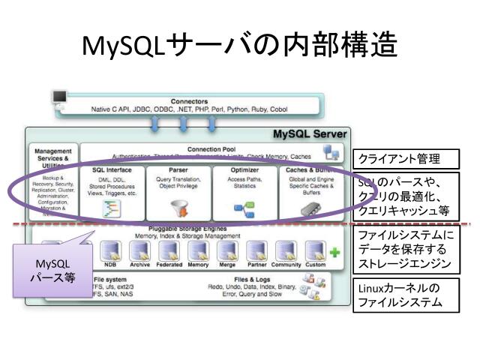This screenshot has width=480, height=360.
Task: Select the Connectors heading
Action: click(189, 101)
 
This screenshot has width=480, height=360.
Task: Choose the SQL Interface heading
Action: click(112, 170)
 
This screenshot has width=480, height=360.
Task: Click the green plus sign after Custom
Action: click(334, 252)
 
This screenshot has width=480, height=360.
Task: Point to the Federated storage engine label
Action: click(169, 264)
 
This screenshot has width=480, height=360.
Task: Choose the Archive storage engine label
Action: click(139, 264)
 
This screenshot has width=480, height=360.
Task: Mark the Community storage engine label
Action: click(286, 264)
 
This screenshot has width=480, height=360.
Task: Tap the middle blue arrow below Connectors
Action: click(184, 123)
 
